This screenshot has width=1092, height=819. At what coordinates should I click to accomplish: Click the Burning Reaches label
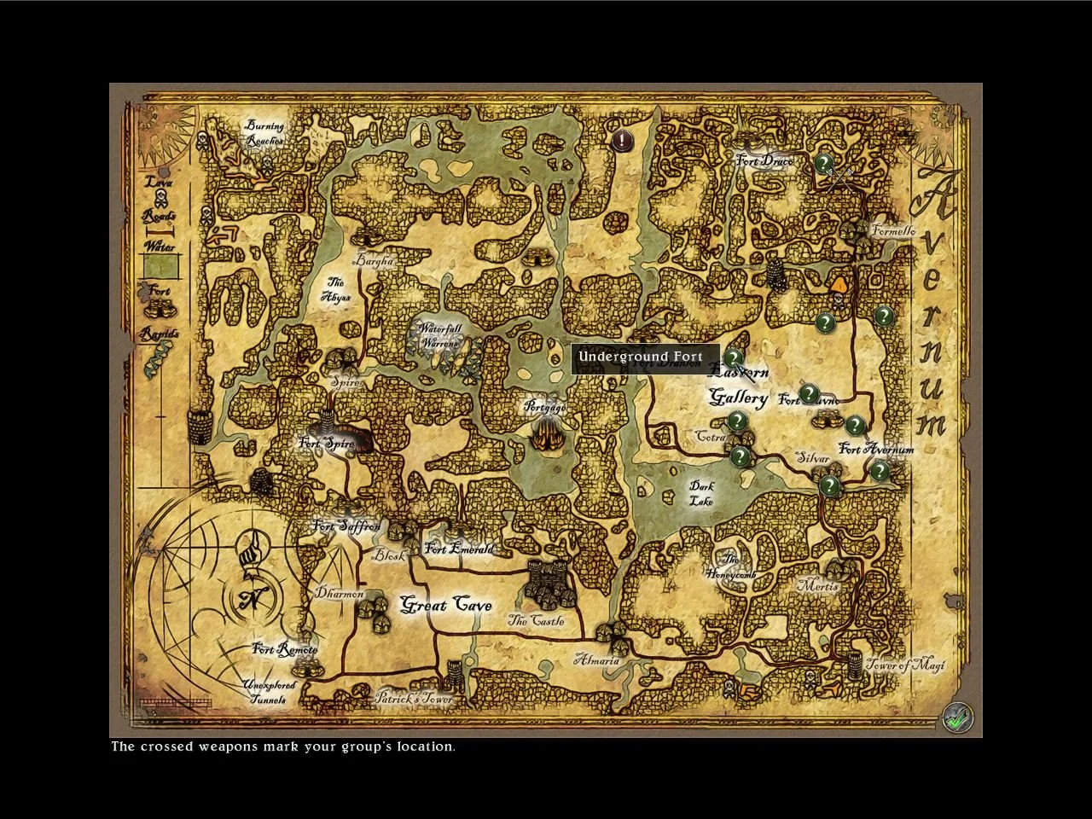pyautogui.click(x=264, y=133)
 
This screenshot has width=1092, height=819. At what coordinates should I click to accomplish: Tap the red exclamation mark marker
pyautogui.click(x=622, y=139)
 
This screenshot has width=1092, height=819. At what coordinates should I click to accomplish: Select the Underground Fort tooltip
pyautogui.click(x=641, y=357)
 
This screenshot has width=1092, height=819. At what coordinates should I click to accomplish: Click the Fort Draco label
pyautogui.click(x=764, y=161)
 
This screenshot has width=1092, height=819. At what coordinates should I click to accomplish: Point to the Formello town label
pyautogui.click(x=893, y=230)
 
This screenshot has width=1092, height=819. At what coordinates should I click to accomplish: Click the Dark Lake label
pyautogui.click(x=701, y=493)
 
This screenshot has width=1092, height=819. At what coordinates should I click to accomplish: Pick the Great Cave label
pyautogui.click(x=446, y=605)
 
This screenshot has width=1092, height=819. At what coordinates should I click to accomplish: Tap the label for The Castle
pyautogui.click(x=536, y=621)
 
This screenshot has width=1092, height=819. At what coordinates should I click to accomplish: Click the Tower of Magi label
pyautogui.click(x=906, y=665)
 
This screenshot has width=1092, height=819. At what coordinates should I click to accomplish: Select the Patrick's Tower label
pyautogui.click(x=414, y=699)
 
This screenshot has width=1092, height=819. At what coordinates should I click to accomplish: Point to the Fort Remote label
pyautogui.click(x=285, y=649)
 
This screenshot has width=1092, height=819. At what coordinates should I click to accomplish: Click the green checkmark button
pyautogui.click(x=958, y=717)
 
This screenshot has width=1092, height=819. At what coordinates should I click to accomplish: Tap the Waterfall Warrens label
pyautogui.click(x=440, y=335)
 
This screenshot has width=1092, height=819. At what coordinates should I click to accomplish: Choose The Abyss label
pyautogui.click(x=335, y=289)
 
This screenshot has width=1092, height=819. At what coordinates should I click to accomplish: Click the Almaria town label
pyautogui.click(x=596, y=660)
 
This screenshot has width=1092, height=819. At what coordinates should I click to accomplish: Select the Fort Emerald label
pyautogui.click(x=459, y=549)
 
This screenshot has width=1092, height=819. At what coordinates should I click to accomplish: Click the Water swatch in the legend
pyautogui.click(x=160, y=266)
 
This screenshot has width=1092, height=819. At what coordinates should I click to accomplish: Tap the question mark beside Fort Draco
pyautogui.click(x=823, y=162)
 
